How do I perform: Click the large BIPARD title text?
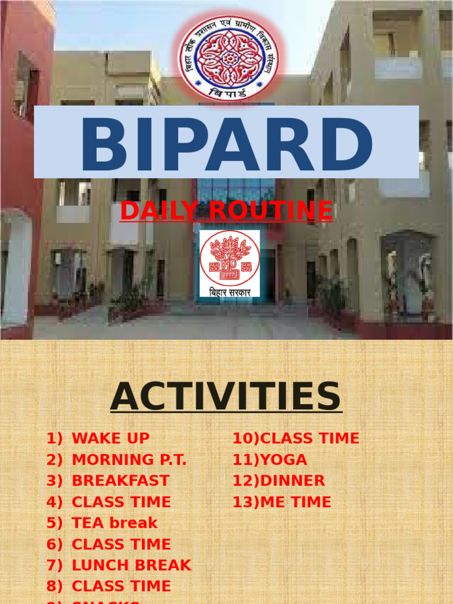[226, 143]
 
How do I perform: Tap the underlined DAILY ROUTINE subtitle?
[226, 211]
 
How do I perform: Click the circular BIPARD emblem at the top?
[229, 58]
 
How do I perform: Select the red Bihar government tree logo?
[229, 258]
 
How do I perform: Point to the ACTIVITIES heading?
[226, 397]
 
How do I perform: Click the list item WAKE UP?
[110, 438]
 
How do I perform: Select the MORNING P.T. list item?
[129, 459]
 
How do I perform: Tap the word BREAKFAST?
[120, 481]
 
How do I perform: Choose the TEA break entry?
[114, 523]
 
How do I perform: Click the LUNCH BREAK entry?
[131, 565]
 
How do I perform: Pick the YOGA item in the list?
[283, 459]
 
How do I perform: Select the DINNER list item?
[292, 481]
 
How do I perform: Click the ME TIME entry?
[295, 502]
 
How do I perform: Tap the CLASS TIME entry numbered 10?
[309, 438]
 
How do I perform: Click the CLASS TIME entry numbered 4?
[121, 502]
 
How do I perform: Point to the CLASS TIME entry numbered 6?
[121, 544]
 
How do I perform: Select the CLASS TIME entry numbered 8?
[121, 586]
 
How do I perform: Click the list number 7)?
[54, 565]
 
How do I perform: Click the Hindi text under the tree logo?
[229, 291]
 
